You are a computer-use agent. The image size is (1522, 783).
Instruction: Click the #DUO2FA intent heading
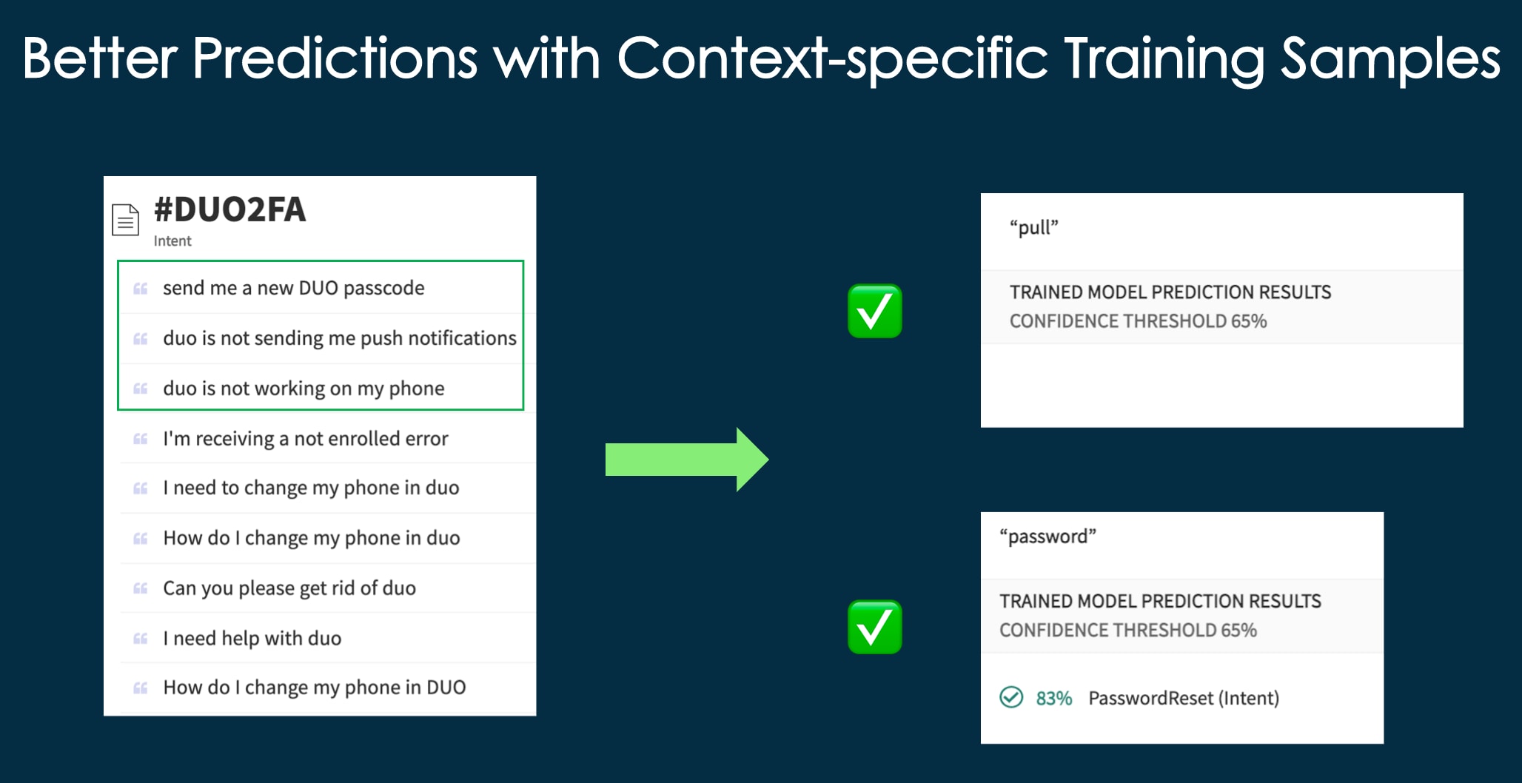(229, 210)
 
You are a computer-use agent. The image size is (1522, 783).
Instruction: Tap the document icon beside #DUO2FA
(125, 220)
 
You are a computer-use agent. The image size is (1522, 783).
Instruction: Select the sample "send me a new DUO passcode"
(293, 288)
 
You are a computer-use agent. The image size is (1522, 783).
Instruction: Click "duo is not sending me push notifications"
(339, 338)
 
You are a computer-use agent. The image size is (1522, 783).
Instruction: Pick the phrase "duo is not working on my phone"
(304, 389)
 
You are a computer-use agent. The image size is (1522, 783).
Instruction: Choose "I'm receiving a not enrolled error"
(305, 439)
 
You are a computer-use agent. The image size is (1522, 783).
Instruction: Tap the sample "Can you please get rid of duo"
(289, 588)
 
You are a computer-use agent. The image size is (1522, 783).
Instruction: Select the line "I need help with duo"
(252, 638)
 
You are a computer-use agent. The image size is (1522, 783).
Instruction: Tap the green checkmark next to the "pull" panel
(874, 311)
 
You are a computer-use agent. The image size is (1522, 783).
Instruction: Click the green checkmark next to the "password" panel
(874, 627)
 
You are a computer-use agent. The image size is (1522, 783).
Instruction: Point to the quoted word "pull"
(1034, 227)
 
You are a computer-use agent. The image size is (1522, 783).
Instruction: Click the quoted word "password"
(1047, 537)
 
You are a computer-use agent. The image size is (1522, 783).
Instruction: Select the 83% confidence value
(1053, 698)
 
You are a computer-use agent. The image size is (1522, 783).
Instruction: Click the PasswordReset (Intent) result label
(1183, 698)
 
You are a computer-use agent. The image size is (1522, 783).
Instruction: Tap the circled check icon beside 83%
(1011, 697)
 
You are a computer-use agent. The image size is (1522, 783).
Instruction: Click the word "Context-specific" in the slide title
(832, 59)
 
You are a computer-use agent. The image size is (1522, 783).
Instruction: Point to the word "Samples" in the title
(1390, 59)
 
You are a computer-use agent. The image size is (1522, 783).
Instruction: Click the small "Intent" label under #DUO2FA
(172, 241)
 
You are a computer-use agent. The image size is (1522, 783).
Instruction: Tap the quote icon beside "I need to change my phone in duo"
(140, 488)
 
